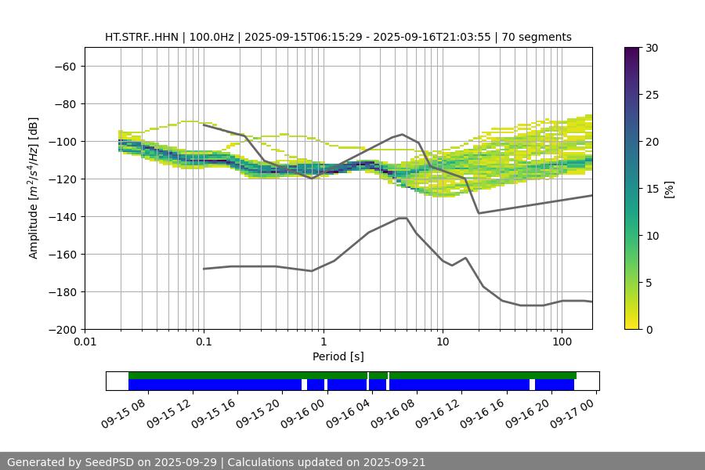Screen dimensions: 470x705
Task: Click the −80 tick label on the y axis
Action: (x=64, y=104)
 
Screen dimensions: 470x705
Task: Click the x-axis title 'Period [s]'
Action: (x=338, y=356)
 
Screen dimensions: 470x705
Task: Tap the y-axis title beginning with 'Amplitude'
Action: (x=34, y=188)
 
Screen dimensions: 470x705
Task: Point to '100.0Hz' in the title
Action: (x=211, y=37)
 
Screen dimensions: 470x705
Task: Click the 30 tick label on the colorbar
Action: (x=651, y=49)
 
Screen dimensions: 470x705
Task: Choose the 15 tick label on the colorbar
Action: (x=651, y=189)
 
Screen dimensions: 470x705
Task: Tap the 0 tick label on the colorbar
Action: (x=648, y=330)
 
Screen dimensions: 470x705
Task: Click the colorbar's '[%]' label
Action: (x=668, y=188)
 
